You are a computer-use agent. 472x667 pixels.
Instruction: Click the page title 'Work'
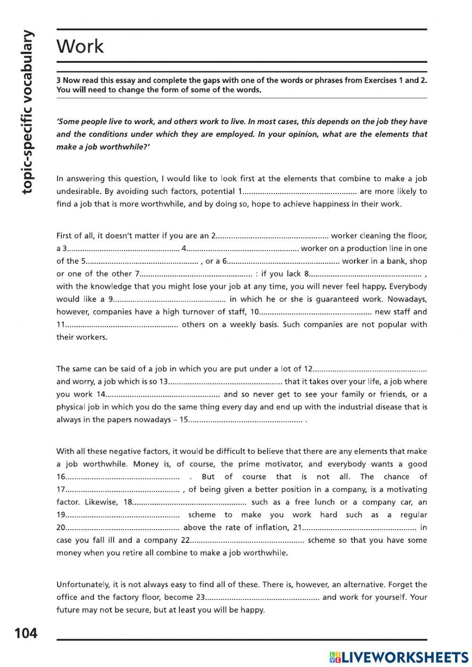(80, 46)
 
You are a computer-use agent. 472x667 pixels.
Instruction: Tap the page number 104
(26, 633)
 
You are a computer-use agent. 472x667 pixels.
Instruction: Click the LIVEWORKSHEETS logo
(399, 657)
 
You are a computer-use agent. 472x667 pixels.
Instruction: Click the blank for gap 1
(301, 192)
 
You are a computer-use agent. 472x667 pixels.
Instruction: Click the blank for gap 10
(315, 312)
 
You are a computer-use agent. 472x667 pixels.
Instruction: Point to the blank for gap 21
(359, 528)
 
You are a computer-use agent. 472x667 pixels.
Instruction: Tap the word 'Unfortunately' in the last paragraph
(79, 584)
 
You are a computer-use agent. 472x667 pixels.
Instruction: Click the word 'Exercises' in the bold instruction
(380, 80)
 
